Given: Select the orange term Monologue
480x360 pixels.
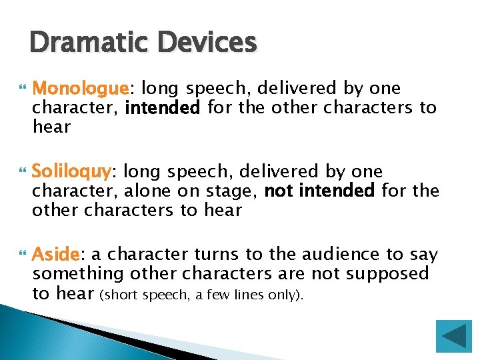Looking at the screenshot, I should [79, 89].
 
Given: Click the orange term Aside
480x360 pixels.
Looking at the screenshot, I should [56, 255].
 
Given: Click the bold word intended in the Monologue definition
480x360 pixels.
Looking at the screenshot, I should [162, 107].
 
